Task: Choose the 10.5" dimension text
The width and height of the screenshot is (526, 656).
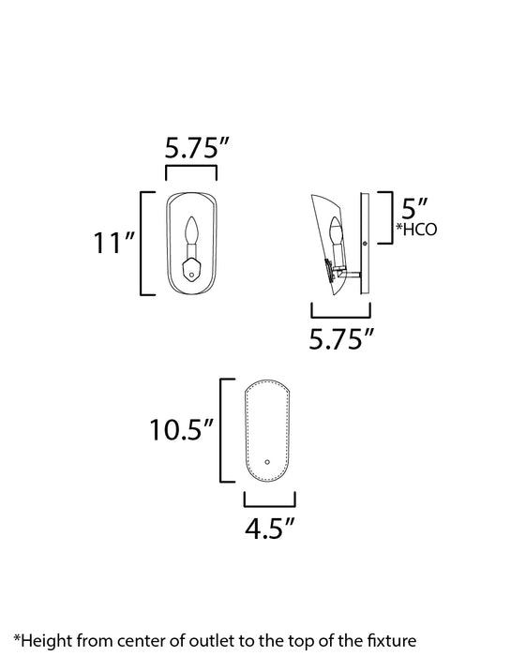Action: click(x=182, y=431)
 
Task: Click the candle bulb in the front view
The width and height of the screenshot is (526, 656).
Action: click(x=192, y=231)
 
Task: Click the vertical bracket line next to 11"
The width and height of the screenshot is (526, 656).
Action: click(x=142, y=243)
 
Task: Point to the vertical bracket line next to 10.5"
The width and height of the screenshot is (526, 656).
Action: click(x=221, y=431)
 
